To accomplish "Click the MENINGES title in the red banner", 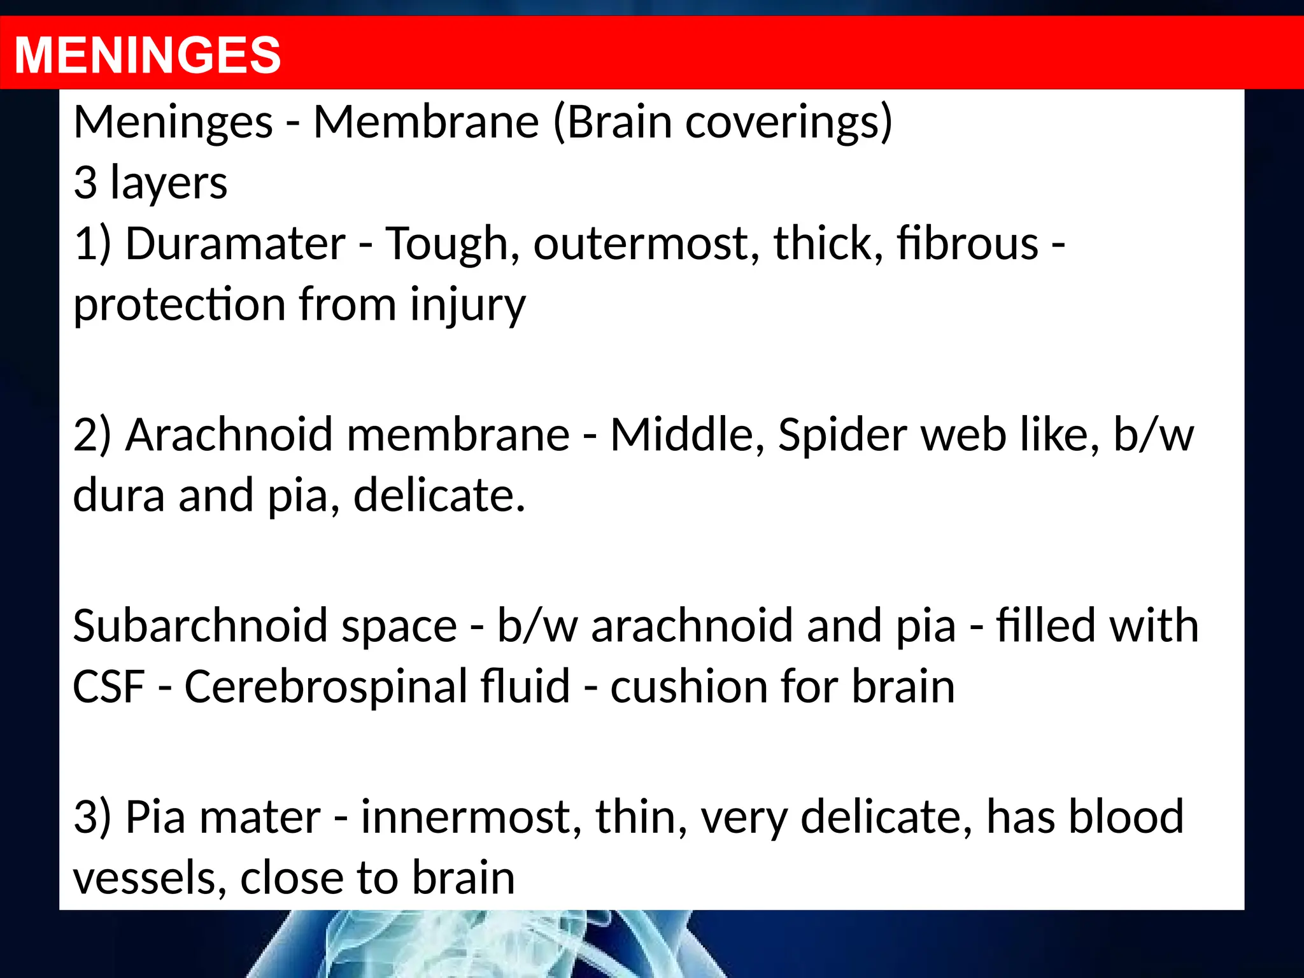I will (147, 55).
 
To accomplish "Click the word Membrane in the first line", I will (426, 122).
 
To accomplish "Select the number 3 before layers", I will (85, 183).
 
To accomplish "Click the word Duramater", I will (235, 244).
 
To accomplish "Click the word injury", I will (467, 305).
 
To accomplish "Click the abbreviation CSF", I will (109, 687).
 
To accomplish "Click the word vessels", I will (149, 878).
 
